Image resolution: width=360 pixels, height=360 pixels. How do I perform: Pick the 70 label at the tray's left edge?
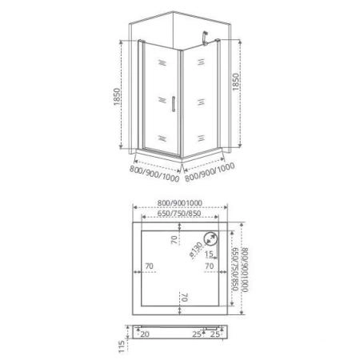(x=148, y=266)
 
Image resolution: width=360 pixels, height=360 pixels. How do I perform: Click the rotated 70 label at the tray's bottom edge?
(x=185, y=297)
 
